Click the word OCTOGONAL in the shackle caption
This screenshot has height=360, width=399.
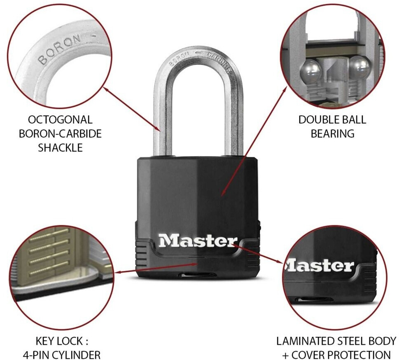pos(60,120)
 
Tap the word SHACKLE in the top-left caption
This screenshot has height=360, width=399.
pos(60,147)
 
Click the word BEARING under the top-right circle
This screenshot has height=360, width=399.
pos(332,133)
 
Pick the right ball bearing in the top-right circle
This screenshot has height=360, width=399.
pos(361,66)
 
